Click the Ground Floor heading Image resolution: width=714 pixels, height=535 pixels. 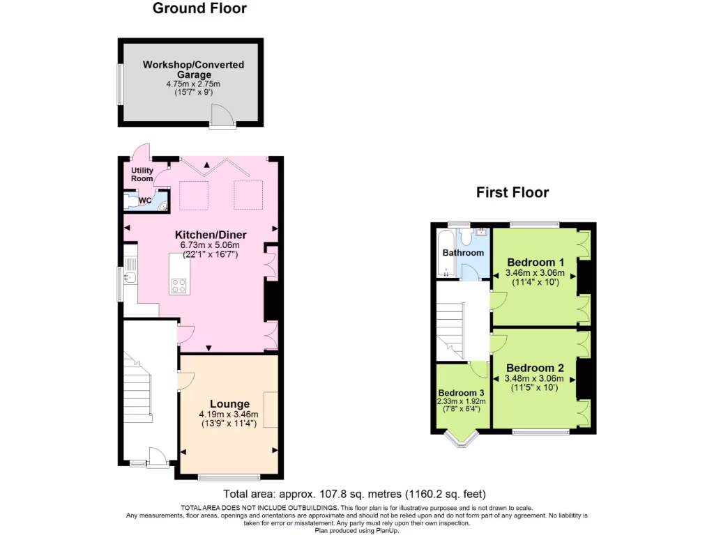click(199, 9)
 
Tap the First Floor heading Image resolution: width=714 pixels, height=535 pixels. click(512, 192)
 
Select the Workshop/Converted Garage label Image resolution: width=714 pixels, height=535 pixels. click(193, 70)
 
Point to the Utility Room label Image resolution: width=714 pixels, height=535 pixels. click(142, 175)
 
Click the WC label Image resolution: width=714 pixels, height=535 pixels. click(145, 201)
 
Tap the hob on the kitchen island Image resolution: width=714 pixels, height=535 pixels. click(178, 285)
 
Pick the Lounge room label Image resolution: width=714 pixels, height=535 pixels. click(229, 403)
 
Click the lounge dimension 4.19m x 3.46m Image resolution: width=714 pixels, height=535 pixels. click(229, 414)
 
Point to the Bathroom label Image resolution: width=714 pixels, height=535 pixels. click(463, 252)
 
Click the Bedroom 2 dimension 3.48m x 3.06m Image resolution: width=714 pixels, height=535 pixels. click(535, 379)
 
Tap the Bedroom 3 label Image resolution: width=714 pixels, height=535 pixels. click(461, 392)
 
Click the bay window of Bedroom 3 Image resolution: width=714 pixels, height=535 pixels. click(461, 439)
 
